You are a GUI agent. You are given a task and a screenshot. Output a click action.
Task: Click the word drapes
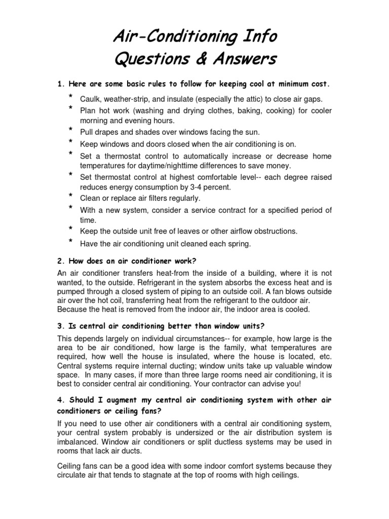click(104, 132)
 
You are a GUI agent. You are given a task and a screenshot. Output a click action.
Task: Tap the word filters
click(160, 198)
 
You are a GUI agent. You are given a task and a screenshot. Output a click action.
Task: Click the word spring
click(239, 244)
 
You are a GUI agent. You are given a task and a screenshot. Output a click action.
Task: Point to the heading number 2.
click(60, 261)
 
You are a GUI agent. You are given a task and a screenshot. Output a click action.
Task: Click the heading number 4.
click(60, 400)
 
